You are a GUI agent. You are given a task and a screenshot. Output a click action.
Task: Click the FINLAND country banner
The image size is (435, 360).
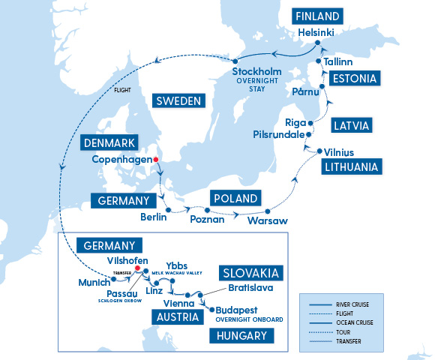coord(317,16)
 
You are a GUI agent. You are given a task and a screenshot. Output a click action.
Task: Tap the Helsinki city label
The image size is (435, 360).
coord(313,33)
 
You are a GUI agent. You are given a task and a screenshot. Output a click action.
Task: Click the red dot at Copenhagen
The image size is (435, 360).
coord(156,160)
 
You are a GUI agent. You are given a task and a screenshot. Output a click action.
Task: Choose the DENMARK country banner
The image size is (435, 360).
coord(109,142)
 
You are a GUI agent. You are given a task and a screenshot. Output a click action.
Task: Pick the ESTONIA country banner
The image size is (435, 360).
coord(352,78)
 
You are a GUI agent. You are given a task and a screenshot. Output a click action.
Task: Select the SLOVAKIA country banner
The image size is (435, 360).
coord(250,272)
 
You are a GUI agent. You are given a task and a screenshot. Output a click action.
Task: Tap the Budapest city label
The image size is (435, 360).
coord(244,309)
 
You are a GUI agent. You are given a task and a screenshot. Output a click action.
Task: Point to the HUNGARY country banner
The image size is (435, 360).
coord(238,336)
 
